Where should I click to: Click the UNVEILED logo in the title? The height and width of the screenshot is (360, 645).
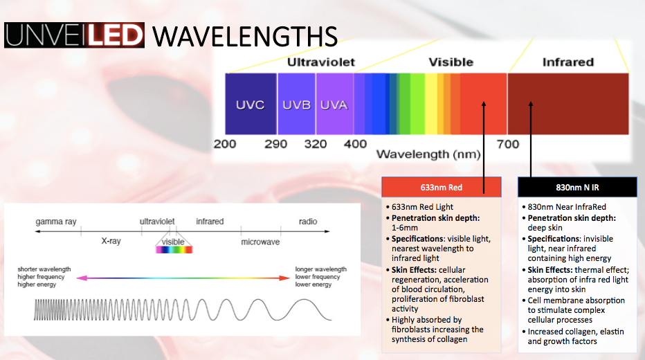pos(74,35)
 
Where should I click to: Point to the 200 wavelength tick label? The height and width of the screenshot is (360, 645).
pos(225,144)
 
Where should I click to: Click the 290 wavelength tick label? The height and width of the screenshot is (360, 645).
pos(276,144)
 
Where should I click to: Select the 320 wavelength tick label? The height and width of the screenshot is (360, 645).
pos(315,144)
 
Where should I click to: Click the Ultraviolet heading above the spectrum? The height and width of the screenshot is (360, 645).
pos(320,62)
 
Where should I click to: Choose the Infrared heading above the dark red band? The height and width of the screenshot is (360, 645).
pos(567,62)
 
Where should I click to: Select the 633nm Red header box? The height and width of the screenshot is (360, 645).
pos(441,187)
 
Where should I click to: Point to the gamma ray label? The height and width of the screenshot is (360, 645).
pos(56,222)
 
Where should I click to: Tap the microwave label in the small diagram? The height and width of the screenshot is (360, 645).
pos(260,242)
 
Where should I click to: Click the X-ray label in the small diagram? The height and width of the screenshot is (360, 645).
pos(111,242)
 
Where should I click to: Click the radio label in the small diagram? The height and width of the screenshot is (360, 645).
pos(308,222)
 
